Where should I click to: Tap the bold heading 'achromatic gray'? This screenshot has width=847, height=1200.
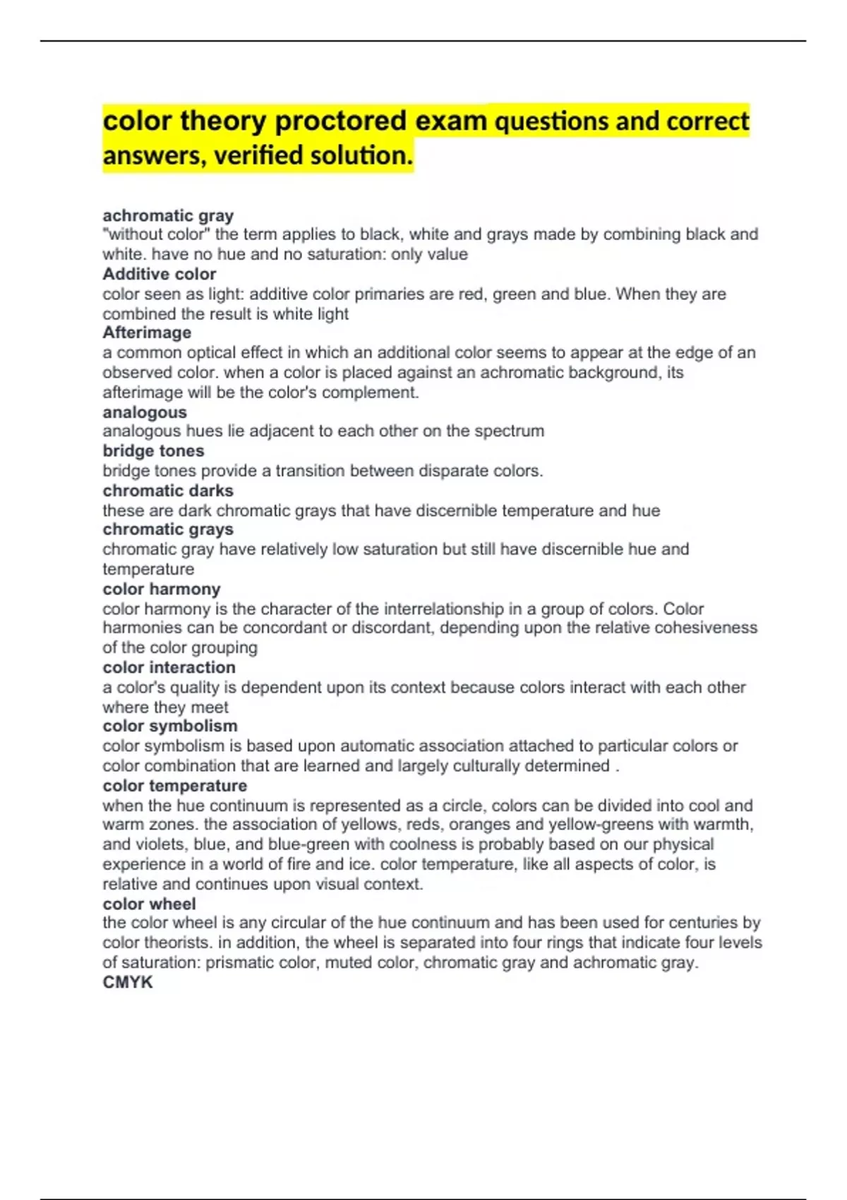tap(168, 215)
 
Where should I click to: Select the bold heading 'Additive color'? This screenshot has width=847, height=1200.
tap(160, 274)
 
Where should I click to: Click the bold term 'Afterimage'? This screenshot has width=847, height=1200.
tap(147, 332)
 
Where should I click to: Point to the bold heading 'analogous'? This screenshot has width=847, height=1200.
tap(145, 412)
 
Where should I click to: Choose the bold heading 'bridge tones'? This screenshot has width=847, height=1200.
tap(153, 451)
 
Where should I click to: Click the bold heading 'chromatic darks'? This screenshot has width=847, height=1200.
tap(168, 491)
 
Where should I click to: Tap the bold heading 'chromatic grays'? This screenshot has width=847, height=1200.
tap(168, 529)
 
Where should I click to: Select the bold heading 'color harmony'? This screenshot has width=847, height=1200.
tap(162, 589)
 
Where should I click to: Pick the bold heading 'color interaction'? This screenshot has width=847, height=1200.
tap(169, 667)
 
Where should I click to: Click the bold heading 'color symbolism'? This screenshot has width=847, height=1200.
tap(170, 726)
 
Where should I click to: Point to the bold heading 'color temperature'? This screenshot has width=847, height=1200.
tap(175, 786)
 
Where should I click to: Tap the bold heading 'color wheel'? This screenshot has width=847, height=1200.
tap(150, 904)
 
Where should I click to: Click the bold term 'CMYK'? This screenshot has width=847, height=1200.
tap(128, 982)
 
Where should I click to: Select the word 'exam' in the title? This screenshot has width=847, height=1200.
tap(450, 121)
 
